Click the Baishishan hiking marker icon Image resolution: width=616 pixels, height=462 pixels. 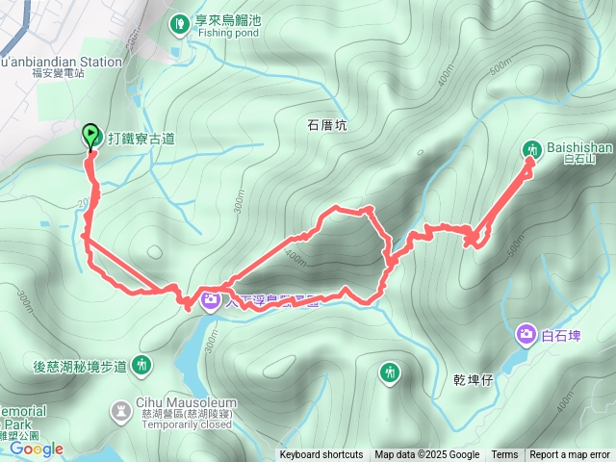532,149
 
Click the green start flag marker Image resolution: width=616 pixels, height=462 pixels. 91,135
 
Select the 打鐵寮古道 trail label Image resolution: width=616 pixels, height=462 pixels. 141,139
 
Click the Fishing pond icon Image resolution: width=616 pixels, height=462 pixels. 179,23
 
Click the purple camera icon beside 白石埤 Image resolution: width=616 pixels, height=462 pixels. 526,335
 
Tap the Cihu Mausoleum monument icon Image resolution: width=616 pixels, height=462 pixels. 120,410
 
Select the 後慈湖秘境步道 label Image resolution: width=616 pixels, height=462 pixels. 80,366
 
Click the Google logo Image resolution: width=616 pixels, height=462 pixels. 37,449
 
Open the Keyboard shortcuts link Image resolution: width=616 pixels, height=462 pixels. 321,455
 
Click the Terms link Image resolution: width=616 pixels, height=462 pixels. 504,455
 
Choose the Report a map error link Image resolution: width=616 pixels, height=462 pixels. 570,455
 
